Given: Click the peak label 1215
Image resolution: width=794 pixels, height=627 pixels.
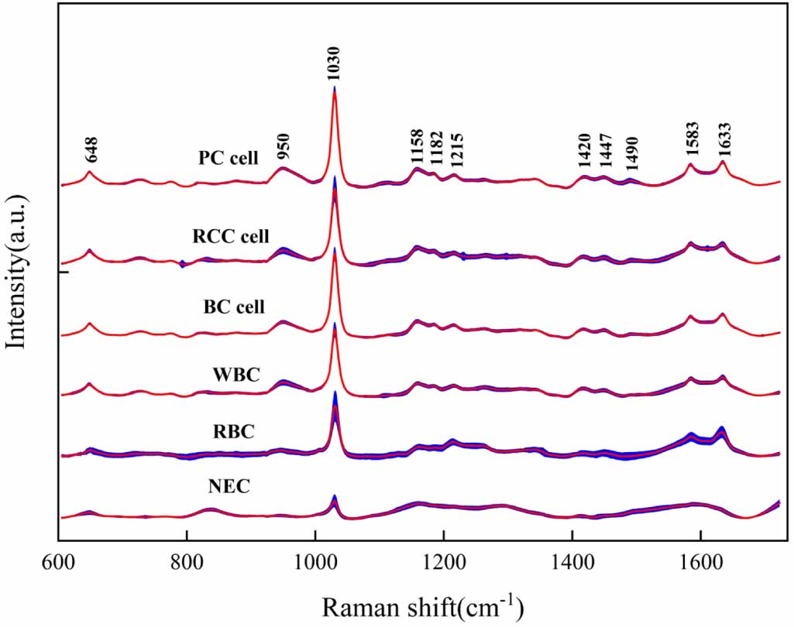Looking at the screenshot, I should [x=456, y=152].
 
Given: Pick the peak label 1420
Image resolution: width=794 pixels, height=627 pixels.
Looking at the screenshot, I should [x=583, y=152].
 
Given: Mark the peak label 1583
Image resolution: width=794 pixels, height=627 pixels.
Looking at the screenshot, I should [x=691, y=139].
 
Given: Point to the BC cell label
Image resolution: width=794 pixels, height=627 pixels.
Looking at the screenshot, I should [x=234, y=307].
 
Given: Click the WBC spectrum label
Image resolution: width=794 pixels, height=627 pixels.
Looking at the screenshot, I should [x=235, y=375].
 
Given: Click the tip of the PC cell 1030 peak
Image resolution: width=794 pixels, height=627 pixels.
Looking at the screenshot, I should [x=334, y=88].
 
